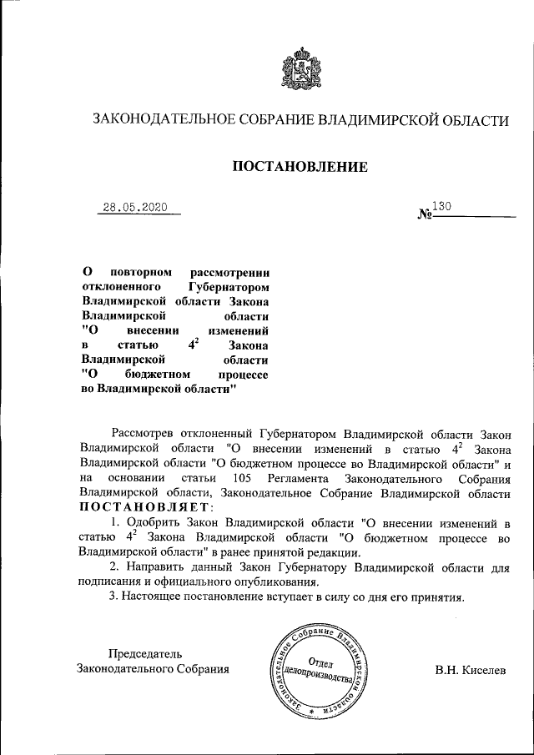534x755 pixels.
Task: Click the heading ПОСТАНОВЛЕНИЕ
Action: [x=300, y=168]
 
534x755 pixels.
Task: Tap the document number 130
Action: [x=442, y=205]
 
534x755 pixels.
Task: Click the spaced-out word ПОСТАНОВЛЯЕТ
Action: [x=146, y=507]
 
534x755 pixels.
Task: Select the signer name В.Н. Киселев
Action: [x=470, y=670]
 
